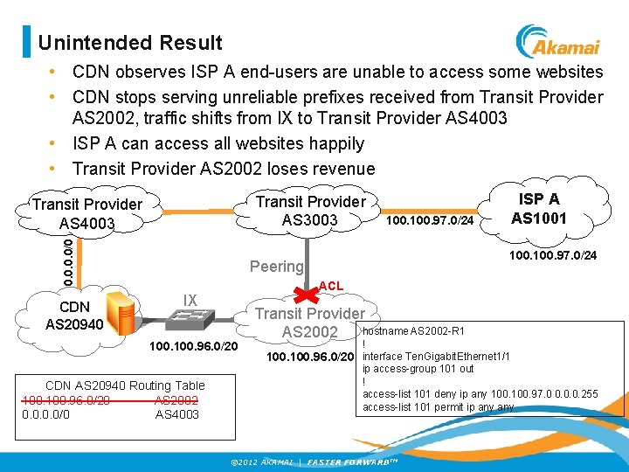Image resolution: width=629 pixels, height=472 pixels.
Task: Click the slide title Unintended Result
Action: click(x=130, y=43)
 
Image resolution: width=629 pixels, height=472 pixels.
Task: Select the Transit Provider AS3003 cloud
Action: click(x=310, y=211)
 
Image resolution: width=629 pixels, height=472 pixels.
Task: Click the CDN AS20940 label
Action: click(x=73, y=316)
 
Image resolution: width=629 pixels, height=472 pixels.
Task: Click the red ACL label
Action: click(x=331, y=286)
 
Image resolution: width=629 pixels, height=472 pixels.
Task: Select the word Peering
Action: click(x=276, y=266)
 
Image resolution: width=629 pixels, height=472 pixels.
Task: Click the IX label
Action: click(x=190, y=301)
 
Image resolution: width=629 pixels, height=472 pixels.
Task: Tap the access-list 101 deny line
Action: click(x=480, y=394)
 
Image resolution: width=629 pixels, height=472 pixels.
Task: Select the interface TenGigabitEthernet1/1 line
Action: click(x=435, y=357)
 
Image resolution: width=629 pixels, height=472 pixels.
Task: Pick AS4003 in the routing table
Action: click(x=176, y=414)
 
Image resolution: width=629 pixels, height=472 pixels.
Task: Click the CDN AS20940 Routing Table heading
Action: click(x=125, y=385)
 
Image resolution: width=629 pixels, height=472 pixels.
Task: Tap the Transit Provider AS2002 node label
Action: click(x=309, y=323)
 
